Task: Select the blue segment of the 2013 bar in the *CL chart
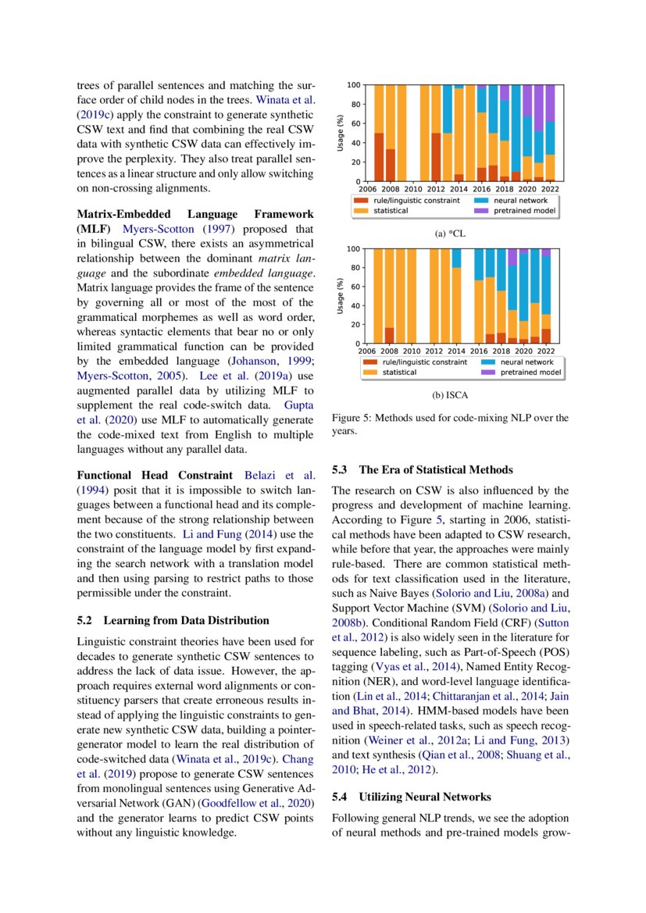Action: click(x=448, y=109)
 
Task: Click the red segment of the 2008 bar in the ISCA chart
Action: click(x=390, y=335)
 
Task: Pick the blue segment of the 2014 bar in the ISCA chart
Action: click(x=458, y=258)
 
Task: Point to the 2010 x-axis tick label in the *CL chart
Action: click(x=413, y=189)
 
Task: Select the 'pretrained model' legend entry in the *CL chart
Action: click(x=527, y=210)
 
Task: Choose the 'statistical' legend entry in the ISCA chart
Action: click(x=398, y=373)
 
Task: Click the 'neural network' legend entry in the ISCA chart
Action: click(x=526, y=362)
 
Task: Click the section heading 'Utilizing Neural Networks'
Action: click(x=425, y=797)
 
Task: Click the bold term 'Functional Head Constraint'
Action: click(x=155, y=475)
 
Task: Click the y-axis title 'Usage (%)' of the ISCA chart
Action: click(x=341, y=296)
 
